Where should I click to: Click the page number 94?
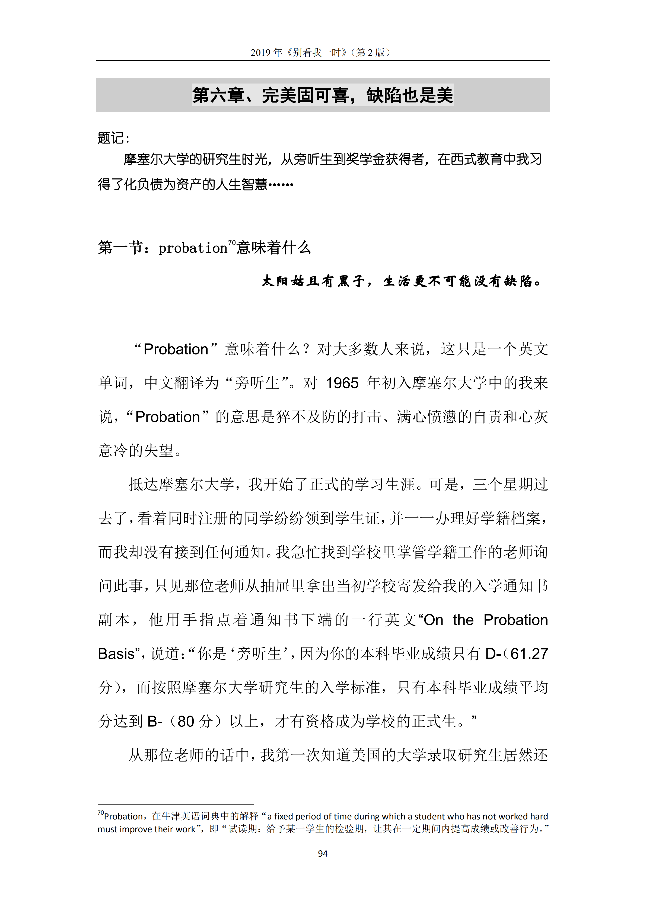(x=323, y=853)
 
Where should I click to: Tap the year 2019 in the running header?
(x=260, y=53)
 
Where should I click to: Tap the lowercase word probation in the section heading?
(x=193, y=248)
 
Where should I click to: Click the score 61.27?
(x=529, y=654)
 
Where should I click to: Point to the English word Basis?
(x=116, y=654)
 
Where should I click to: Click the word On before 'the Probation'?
(x=434, y=620)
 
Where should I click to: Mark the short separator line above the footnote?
(x=176, y=804)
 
